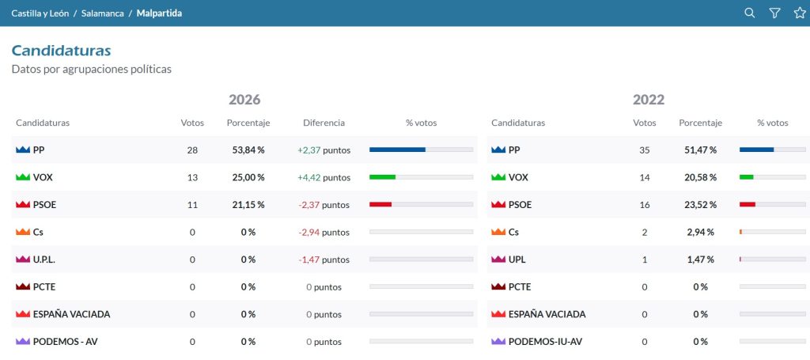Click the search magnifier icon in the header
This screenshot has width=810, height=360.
749,13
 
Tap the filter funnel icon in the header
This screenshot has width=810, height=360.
774,13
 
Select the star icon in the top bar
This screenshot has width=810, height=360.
800,13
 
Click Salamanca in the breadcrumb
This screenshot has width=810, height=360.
102,13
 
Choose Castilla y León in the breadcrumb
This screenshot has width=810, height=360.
40,13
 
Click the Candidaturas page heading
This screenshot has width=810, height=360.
62,51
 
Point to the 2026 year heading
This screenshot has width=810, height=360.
244,99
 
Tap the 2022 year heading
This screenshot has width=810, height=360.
649,99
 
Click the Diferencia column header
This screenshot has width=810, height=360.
324,123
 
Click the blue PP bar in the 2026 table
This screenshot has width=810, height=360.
397,150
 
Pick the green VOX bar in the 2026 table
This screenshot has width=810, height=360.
382,177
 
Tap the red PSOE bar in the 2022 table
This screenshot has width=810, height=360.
748,205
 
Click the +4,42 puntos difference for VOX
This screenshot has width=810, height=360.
324,178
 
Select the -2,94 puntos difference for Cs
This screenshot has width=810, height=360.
324,233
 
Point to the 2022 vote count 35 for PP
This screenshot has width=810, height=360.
644,150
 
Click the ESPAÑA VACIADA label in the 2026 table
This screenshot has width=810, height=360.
71,314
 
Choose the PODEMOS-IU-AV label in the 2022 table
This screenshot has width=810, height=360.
546,341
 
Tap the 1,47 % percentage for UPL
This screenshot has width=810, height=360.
701,260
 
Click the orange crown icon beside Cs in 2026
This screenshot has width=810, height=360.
23,233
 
